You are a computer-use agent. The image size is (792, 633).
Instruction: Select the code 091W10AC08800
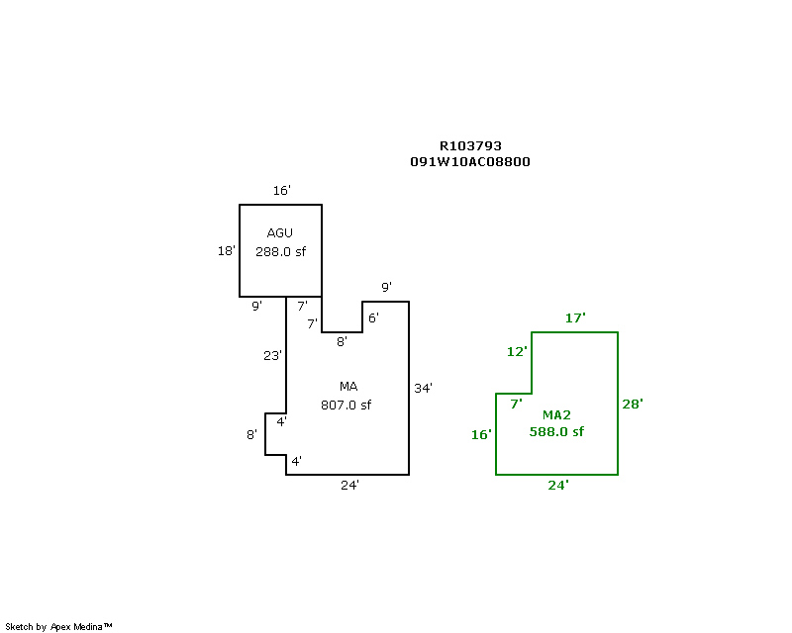470,161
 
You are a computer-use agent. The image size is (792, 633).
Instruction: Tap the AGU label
280,232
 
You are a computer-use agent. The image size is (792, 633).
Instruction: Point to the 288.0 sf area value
280,251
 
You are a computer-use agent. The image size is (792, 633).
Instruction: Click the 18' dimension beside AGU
227,250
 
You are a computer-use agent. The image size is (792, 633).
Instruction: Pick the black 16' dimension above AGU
282,190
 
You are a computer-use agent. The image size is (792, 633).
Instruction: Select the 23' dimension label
273,355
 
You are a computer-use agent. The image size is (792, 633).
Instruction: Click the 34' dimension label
423,388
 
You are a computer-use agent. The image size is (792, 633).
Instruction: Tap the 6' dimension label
373,317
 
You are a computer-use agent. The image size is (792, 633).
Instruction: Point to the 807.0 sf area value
346,405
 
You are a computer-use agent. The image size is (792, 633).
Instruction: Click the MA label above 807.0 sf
347,386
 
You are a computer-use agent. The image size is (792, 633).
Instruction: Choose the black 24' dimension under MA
349,485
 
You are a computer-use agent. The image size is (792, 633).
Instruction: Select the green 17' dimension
575,317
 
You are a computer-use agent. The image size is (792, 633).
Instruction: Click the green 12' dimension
518,351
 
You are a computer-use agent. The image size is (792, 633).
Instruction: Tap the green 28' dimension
633,404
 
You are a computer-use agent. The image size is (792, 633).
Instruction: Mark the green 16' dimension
481,434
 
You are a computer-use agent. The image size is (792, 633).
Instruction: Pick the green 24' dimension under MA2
558,485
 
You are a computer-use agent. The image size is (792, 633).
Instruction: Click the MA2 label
556,414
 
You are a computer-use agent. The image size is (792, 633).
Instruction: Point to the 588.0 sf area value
556,431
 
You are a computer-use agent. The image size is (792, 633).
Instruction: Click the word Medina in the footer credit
92,626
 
